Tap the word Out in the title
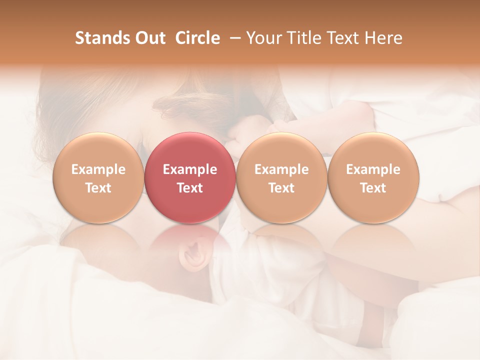point(149,38)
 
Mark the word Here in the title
point(384,38)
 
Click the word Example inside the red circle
point(190,169)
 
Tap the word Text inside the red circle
point(190,188)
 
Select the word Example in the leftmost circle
point(98,169)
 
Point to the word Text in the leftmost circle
point(98,188)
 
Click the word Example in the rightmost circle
point(373,169)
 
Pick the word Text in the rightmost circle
point(373,188)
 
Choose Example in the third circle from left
point(281,169)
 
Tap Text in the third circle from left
point(281,188)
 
